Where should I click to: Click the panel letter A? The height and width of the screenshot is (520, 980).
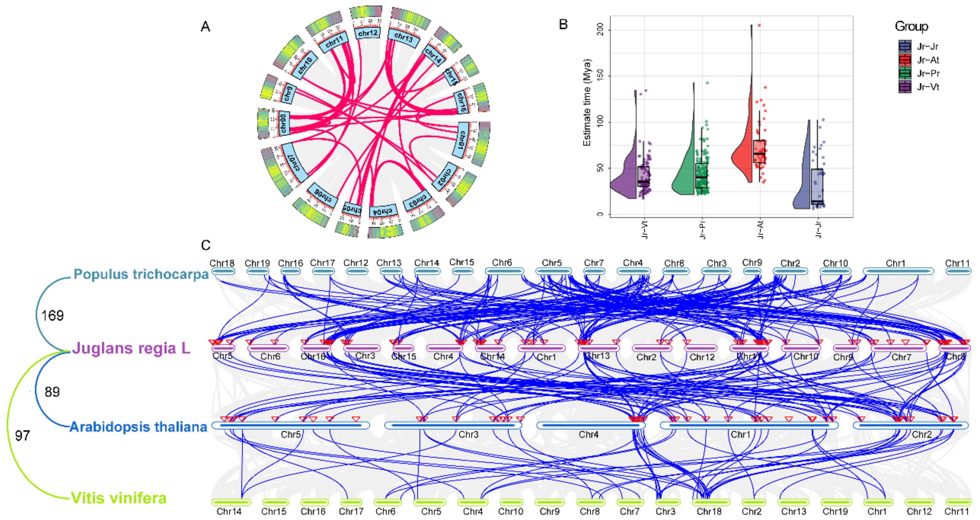point(205,27)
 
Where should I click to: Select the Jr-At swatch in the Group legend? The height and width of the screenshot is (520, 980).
point(905,60)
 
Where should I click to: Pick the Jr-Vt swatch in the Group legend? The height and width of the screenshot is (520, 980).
point(905,87)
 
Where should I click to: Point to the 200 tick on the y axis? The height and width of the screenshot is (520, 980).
point(600,29)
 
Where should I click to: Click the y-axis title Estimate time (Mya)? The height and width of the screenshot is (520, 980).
point(587,103)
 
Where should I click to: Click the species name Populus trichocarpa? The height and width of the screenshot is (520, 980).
point(141,274)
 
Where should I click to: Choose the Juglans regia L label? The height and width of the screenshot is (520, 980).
point(131,348)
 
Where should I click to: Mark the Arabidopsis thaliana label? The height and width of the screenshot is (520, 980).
point(138,427)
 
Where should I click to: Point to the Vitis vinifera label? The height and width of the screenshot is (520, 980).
point(119,498)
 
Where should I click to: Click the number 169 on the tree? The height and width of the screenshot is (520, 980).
point(52,315)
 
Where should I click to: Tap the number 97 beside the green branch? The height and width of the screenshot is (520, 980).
point(22,435)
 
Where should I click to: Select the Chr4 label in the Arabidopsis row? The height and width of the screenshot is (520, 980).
point(589,434)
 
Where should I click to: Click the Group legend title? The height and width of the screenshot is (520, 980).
point(911,26)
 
